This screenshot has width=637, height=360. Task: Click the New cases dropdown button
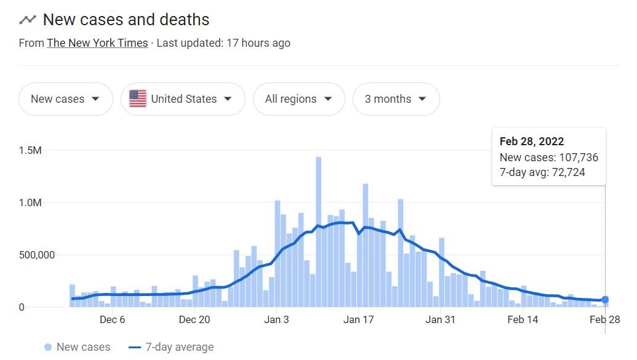pyautogui.click(x=65, y=99)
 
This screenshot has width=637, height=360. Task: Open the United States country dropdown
pyautogui.click(x=183, y=99)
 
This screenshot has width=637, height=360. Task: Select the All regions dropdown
pyautogui.click(x=298, y=99)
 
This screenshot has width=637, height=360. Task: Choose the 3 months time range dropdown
pyautogui.click(x=396, y=99)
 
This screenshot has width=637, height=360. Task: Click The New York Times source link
pyautogui.click(x=97, y=43)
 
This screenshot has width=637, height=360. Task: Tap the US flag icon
pyautogui.click(x=138, y=99)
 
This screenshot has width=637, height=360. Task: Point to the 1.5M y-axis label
pyautogui.click(x=30, y=151)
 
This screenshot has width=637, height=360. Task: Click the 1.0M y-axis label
pyautogui.click(x=30, y=203)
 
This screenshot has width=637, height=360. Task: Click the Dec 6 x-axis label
pyautogui.click(x=112, y=319)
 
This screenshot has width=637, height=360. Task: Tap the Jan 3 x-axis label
pyautogui.click(x=276, y=319)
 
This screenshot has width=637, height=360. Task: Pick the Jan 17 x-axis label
pyautogui.click(x=358, y=319)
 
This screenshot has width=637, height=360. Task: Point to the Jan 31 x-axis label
pyautogui.click(x=440, y=319)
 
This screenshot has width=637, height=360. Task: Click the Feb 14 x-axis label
pyautogui.click(x=522, y=319)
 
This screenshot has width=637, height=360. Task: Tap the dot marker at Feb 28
pyautogui.click(x=605, y=300)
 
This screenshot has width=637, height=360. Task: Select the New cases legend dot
pyautogui.click(x=48, y=347)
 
